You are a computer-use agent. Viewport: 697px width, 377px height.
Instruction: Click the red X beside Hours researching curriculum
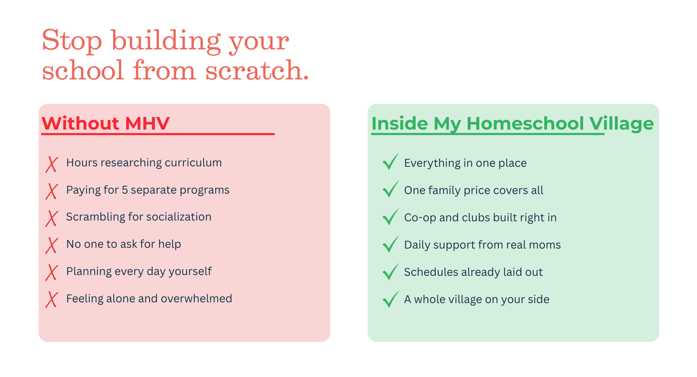pyautogui.click(x=52, y=164)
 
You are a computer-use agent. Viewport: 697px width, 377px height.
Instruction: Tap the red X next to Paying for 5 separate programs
pyautogui.click(x=52, y=192)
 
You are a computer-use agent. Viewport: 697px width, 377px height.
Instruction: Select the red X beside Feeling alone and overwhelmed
pyautogui.click(x=52, y=300)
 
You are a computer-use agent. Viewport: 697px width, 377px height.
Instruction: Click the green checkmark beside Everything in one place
pyautogui.click(x=391, y=162)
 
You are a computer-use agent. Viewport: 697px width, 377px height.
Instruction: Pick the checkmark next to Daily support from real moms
pyautogui.click(x=391, y=244)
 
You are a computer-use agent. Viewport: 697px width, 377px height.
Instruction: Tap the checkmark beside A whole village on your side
pyautogui.click(x=391, y=299)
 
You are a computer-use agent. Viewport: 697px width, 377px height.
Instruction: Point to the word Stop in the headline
pyautogui.click(x=72, y=40)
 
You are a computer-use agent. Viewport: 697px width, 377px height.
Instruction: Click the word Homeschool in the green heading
pyautogui.click(x=525, y=123)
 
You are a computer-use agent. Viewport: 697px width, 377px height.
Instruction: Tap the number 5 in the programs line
pyautogui.click(x=125, y=190)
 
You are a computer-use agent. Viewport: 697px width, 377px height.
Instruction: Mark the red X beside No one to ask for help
pyautogui.click(x=52, y=245)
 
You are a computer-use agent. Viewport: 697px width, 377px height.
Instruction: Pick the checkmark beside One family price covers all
pyautogui.click(x=391, y=189)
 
